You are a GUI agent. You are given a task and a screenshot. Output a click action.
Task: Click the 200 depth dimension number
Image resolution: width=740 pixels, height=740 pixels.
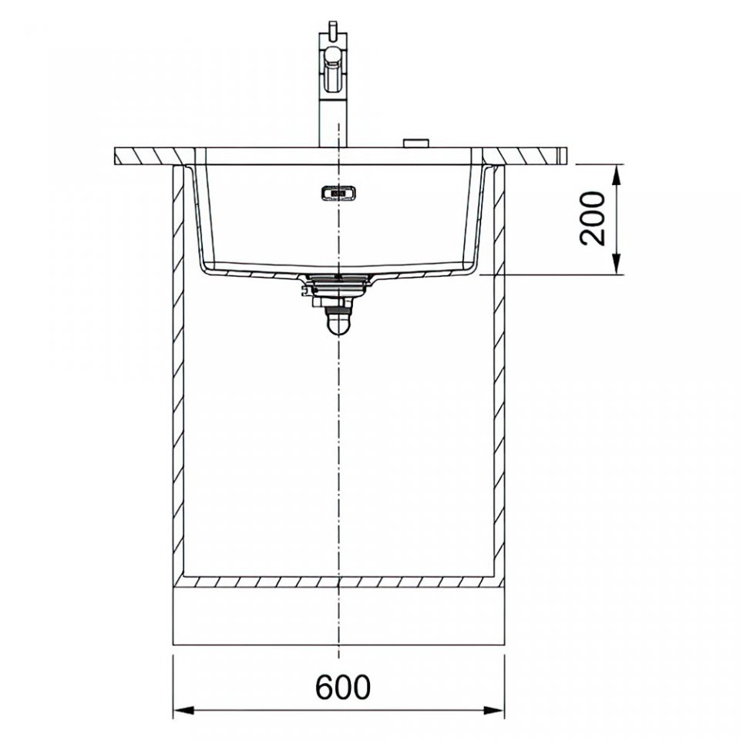pos(593,218)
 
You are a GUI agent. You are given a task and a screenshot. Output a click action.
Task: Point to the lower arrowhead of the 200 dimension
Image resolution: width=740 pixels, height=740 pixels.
pos(617,264)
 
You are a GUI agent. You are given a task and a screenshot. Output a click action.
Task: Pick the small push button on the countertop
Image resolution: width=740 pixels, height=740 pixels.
pos(415,143)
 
